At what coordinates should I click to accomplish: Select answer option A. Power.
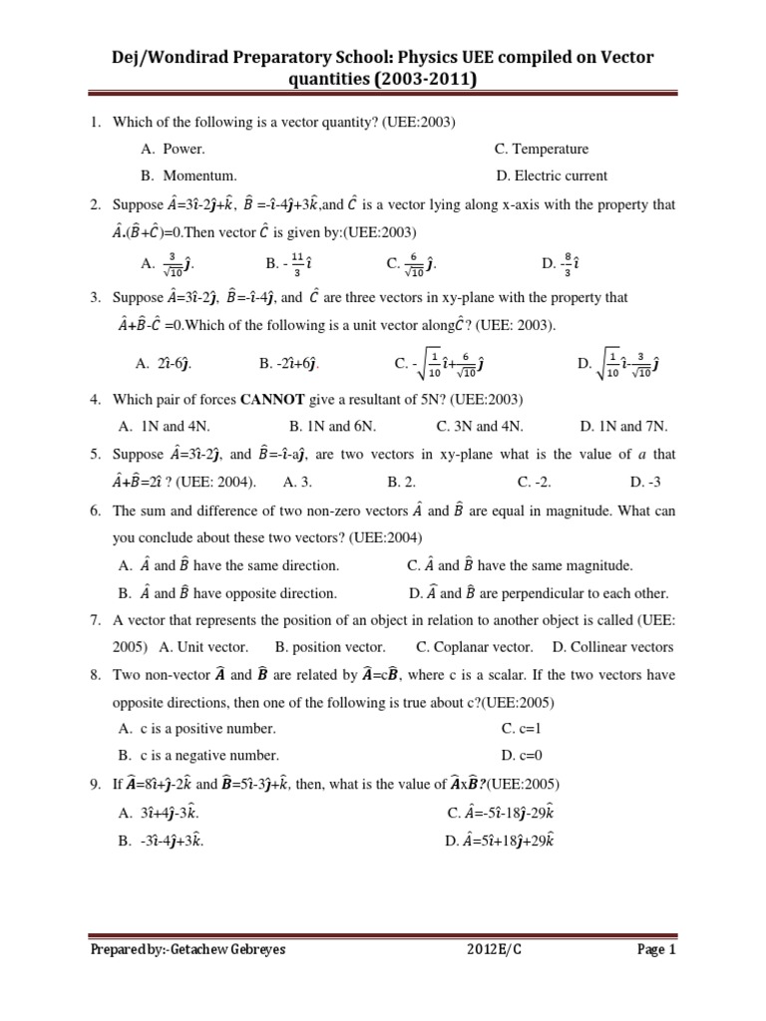[173, 149]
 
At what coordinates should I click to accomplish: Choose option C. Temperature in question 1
[542, 149]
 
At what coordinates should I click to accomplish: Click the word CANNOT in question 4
[272, 400]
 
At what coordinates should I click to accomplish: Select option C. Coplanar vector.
[475, 646]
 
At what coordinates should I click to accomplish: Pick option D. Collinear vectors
[613, 646]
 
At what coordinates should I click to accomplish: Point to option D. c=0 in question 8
[522, 755]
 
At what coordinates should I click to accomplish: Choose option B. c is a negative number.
[198, 755]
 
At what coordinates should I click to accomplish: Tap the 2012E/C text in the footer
[495, 950]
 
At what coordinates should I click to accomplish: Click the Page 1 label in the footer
[657, 950]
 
